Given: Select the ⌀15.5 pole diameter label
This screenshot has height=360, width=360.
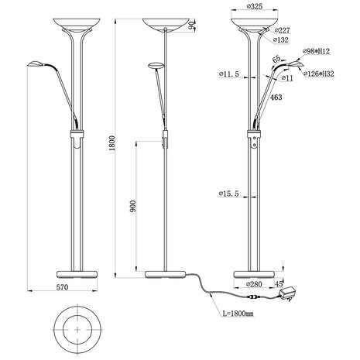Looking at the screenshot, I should coord(230,191).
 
